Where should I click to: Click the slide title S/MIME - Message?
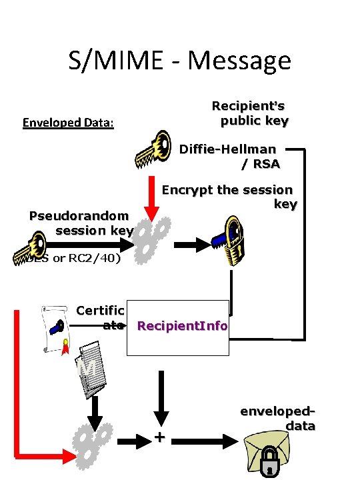tap(179, 61)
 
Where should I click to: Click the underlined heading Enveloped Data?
tap(69, 123)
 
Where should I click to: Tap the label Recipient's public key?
tap(250, 113)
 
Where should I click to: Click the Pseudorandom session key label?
tap(81, 223)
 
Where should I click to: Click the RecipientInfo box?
tap(182, 326)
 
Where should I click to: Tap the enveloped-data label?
tap(278, 419)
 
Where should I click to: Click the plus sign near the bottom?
tap(159, 437)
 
